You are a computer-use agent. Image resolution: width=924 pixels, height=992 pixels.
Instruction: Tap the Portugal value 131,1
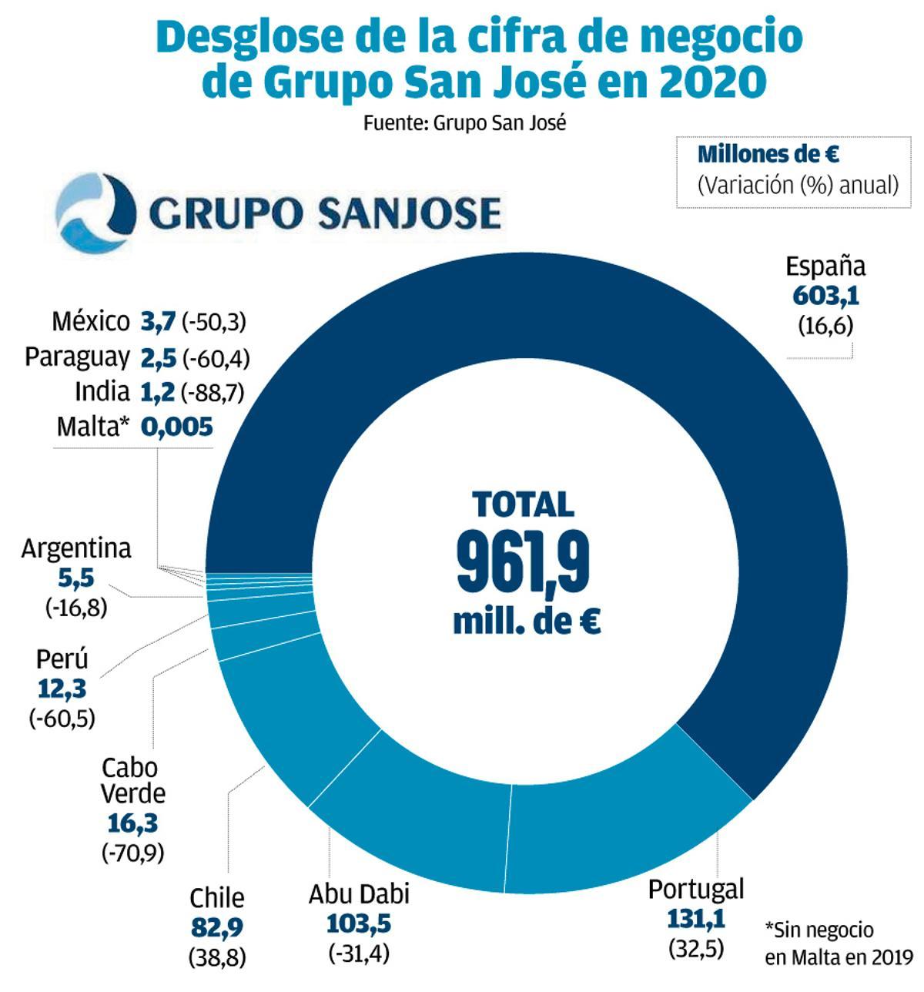pos(695,918)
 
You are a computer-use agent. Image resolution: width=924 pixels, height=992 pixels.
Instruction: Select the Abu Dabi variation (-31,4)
pos(359,953)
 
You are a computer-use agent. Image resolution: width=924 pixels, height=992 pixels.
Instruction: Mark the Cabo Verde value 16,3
pos(132,823)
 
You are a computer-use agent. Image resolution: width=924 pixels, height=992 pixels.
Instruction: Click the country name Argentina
pos(76,549)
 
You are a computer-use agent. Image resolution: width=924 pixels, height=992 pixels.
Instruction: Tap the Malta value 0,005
pos(176,427)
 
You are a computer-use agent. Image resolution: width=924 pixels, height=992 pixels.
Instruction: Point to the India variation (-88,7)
pos(213,393)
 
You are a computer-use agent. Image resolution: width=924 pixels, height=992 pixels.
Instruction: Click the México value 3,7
pos(158,321)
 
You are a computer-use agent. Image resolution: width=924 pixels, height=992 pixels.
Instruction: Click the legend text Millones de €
pos(768,154)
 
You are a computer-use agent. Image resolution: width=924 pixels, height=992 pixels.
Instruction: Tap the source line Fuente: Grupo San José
pos(464,123)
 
